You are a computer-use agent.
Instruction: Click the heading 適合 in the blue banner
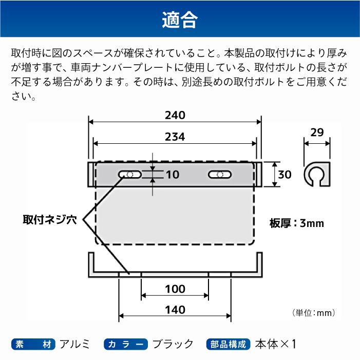pyautogui.click(x=180, y=20)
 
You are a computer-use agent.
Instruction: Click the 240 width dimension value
pyautogui.click(x=175, y=115)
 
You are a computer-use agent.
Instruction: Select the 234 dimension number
pyautogui.click(x=175, y=137)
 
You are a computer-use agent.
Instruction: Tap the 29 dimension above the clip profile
pyautogui.click(x=317, y=132)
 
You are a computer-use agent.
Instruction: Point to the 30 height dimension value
pyautogui.click(x=285, y=175)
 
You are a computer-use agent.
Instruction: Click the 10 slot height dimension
pyautogui.click(x=173, y=175)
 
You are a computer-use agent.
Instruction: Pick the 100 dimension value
pyautogui.click(x=175, y=289)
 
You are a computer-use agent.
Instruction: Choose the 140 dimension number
pyautogui.click(x=175, y=310)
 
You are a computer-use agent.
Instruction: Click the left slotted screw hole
pyautogui.click(x=130, y=175)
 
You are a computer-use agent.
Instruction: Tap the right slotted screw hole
pyautogui.click(x=220, y=175)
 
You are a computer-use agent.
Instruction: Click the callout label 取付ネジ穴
pyautogui.click(x=50, y=220)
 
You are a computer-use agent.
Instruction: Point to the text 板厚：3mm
pyautogui.click(x=297, y=223)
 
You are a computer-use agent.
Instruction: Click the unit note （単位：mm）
pyautogui.click(x=314, y=313)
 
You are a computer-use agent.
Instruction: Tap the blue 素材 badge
pyautogui.click(x=33, y=344)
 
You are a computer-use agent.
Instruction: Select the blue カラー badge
pyautogui.click(x=126, y=344)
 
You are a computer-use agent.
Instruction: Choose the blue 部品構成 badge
pyautogui.click(x=228, y=344)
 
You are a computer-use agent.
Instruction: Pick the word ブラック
pyautogui.click(x=173, y=344)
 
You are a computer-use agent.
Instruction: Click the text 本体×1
pyautogui.click(x=275, y=344)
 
